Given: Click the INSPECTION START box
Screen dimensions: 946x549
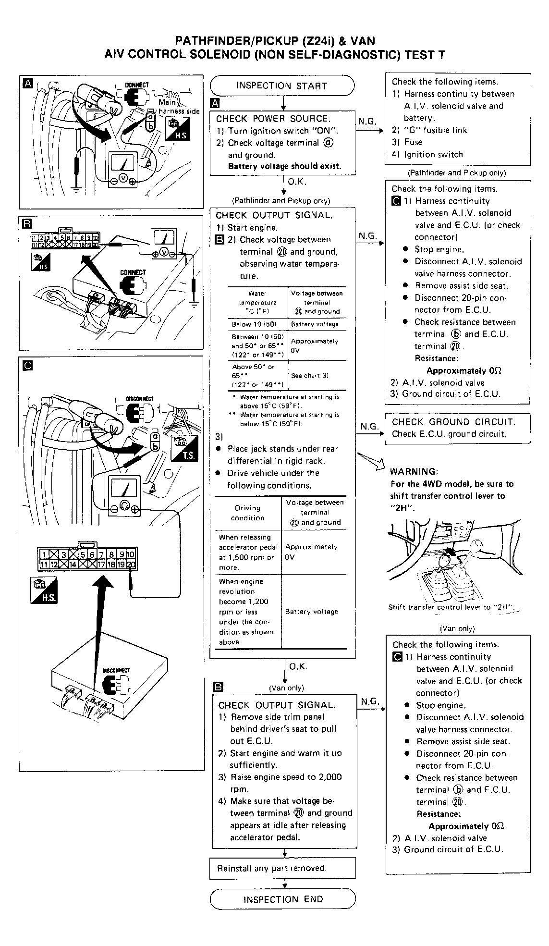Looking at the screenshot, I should [x=282, y=86].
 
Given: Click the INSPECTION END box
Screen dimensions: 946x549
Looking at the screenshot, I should [x=283, y=899].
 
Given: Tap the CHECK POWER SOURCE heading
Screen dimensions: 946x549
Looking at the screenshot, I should [x=273, y=119].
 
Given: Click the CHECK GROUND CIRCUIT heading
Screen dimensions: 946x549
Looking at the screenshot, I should [x=453, y=422].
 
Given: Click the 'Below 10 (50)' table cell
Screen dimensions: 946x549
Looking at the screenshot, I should [x=254, y=324].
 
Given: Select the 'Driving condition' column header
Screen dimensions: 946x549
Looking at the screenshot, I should [x=247, y=513].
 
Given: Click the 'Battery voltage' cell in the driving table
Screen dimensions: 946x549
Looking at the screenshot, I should [x=311, y=612].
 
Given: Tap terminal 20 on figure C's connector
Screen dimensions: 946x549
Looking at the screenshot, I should [x=131, y=565].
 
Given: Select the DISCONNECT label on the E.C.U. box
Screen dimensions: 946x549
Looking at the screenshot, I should [x=116, y=670].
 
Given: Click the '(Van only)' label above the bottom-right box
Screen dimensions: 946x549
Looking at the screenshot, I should [x=457, y=628].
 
